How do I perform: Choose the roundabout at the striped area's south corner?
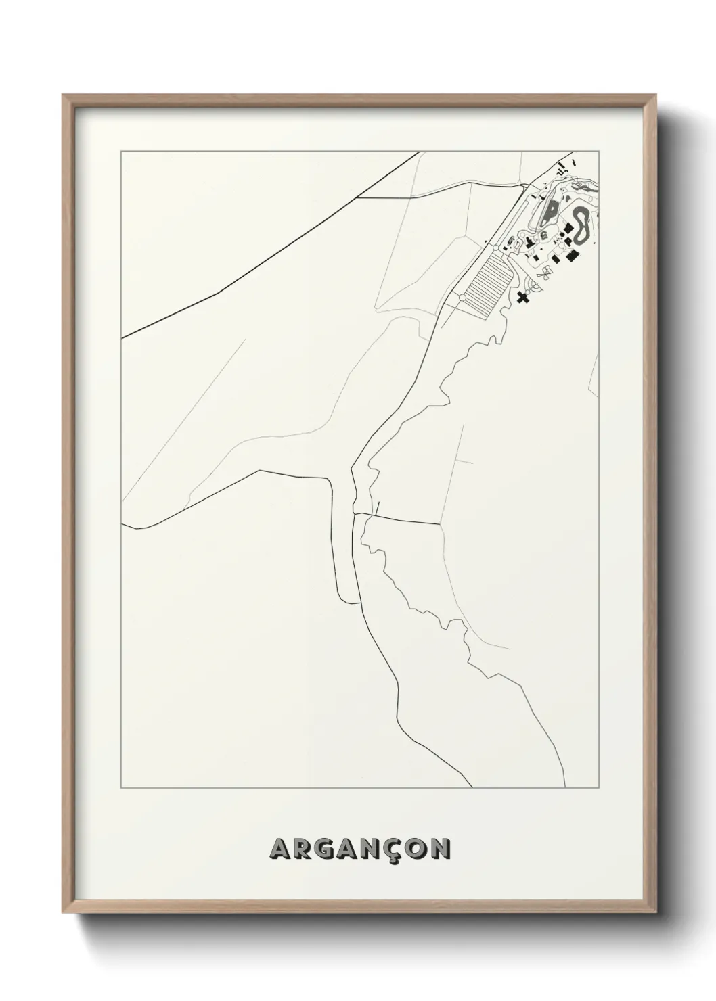tap(462, 298)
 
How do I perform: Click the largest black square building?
tap(573, 255)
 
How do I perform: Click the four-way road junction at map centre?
tap(354, 515)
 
